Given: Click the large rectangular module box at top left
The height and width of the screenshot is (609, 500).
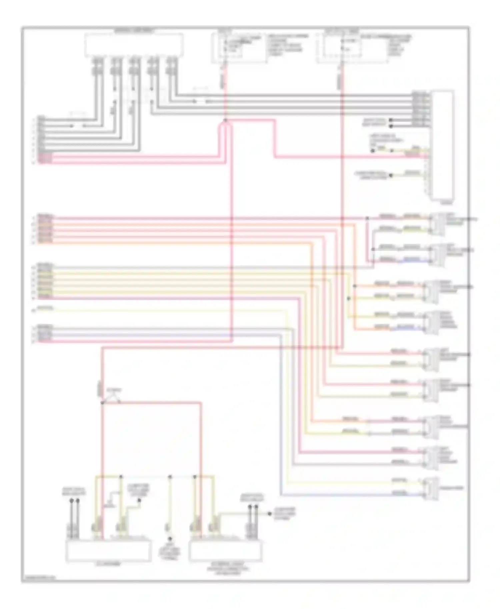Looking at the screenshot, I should click(x=134, y=44).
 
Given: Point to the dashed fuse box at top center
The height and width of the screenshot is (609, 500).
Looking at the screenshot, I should click(x=239, y=48).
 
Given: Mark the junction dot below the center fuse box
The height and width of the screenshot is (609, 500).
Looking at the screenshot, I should click(x=225, y=120).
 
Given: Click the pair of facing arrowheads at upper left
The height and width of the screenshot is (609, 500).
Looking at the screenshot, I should click(x=78, y=126).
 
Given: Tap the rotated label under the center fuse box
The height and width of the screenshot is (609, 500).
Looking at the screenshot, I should click(x=223, y=81).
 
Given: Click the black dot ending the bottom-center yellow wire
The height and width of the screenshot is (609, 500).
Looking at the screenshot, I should click(x=170, y=539).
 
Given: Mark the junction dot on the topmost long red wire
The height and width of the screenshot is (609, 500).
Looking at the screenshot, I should click(x=367, y=218).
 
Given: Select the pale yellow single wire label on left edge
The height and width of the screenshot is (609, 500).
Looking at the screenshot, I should click(x=45, y=308).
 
